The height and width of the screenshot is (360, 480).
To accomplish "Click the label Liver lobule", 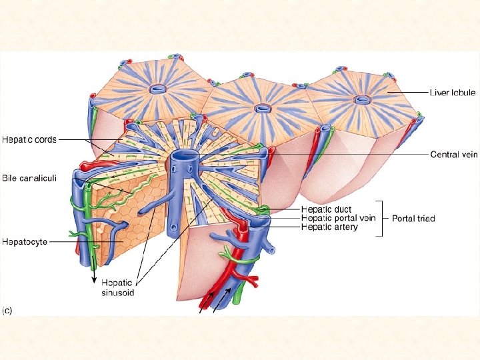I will [x=453, y=93].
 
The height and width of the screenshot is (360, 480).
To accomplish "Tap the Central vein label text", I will [x=454, y=155].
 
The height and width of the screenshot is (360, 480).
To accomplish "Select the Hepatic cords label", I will [x=29, y=140].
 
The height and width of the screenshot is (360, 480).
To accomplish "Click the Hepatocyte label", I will [x=25, y=241].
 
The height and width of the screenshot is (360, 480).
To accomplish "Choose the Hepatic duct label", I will [x=326, y=209].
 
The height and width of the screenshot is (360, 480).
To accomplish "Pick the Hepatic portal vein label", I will [x=338, y=218].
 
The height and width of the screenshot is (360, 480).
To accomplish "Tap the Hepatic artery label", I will [x=329, y=227].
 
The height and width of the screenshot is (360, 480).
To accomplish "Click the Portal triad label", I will [x=415, y=218].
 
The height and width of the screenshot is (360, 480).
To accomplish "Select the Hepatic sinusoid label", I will [x=118, y=287].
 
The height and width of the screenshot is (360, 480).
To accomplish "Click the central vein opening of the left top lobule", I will [x=159, y=89].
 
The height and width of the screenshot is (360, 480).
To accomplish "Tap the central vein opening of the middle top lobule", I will [x=263, y=107].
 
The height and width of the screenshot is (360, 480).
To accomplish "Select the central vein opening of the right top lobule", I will [x=363, y=100].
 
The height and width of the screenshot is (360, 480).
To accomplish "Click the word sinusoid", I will [x=118, y=292].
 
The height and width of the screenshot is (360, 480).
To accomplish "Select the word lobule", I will [x=462, y=93].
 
